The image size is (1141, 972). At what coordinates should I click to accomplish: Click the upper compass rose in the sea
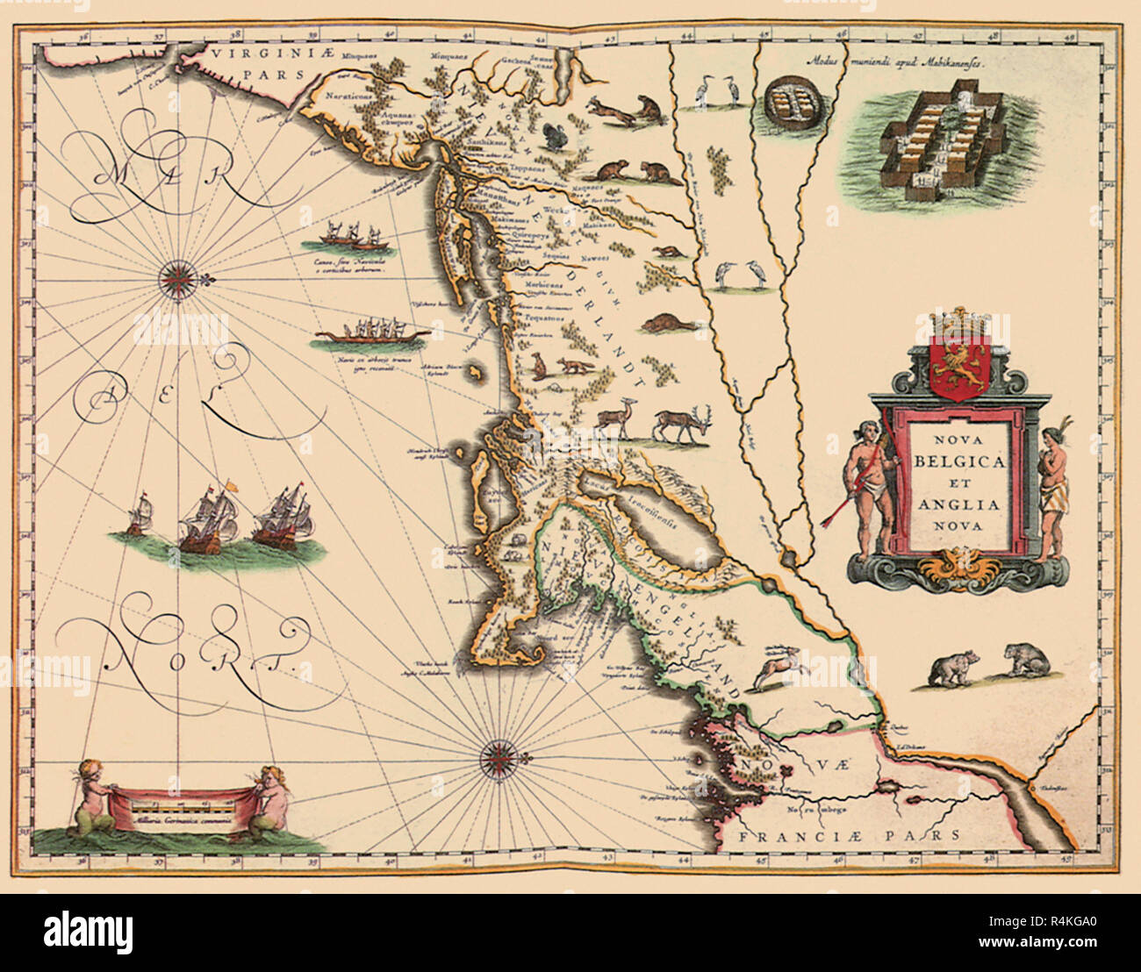click(178, 279)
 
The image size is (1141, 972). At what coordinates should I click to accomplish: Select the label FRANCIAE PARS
click(850, 836)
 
